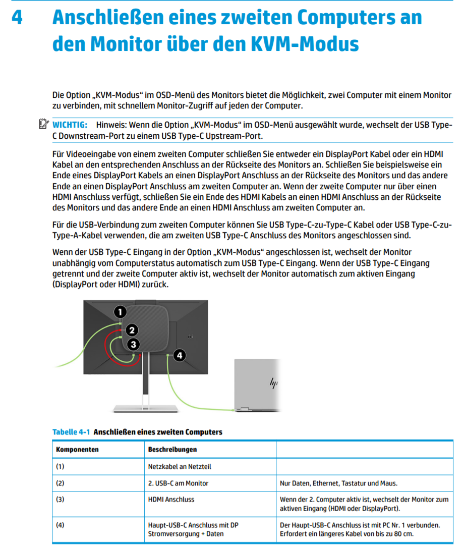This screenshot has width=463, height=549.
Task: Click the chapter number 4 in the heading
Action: [17, 18]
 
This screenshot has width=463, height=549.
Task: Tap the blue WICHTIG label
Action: [70, 125]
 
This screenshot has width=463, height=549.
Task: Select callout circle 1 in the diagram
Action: [120, 312]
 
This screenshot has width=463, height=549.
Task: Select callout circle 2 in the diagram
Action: [131, 331]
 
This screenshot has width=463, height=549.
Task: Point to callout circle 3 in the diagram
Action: [133, 345]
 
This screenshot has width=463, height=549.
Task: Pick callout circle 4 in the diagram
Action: [180, 355]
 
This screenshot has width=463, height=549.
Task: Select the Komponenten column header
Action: [77, 449]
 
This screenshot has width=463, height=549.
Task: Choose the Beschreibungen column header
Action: [172, 449]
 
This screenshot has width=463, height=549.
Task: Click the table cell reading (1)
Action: [61, 466]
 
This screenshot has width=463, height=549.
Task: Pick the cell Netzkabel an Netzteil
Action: [176, 466]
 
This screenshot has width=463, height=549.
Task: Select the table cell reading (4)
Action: [61, 525]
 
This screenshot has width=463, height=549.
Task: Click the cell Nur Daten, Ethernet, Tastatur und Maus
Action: [338, 483]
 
